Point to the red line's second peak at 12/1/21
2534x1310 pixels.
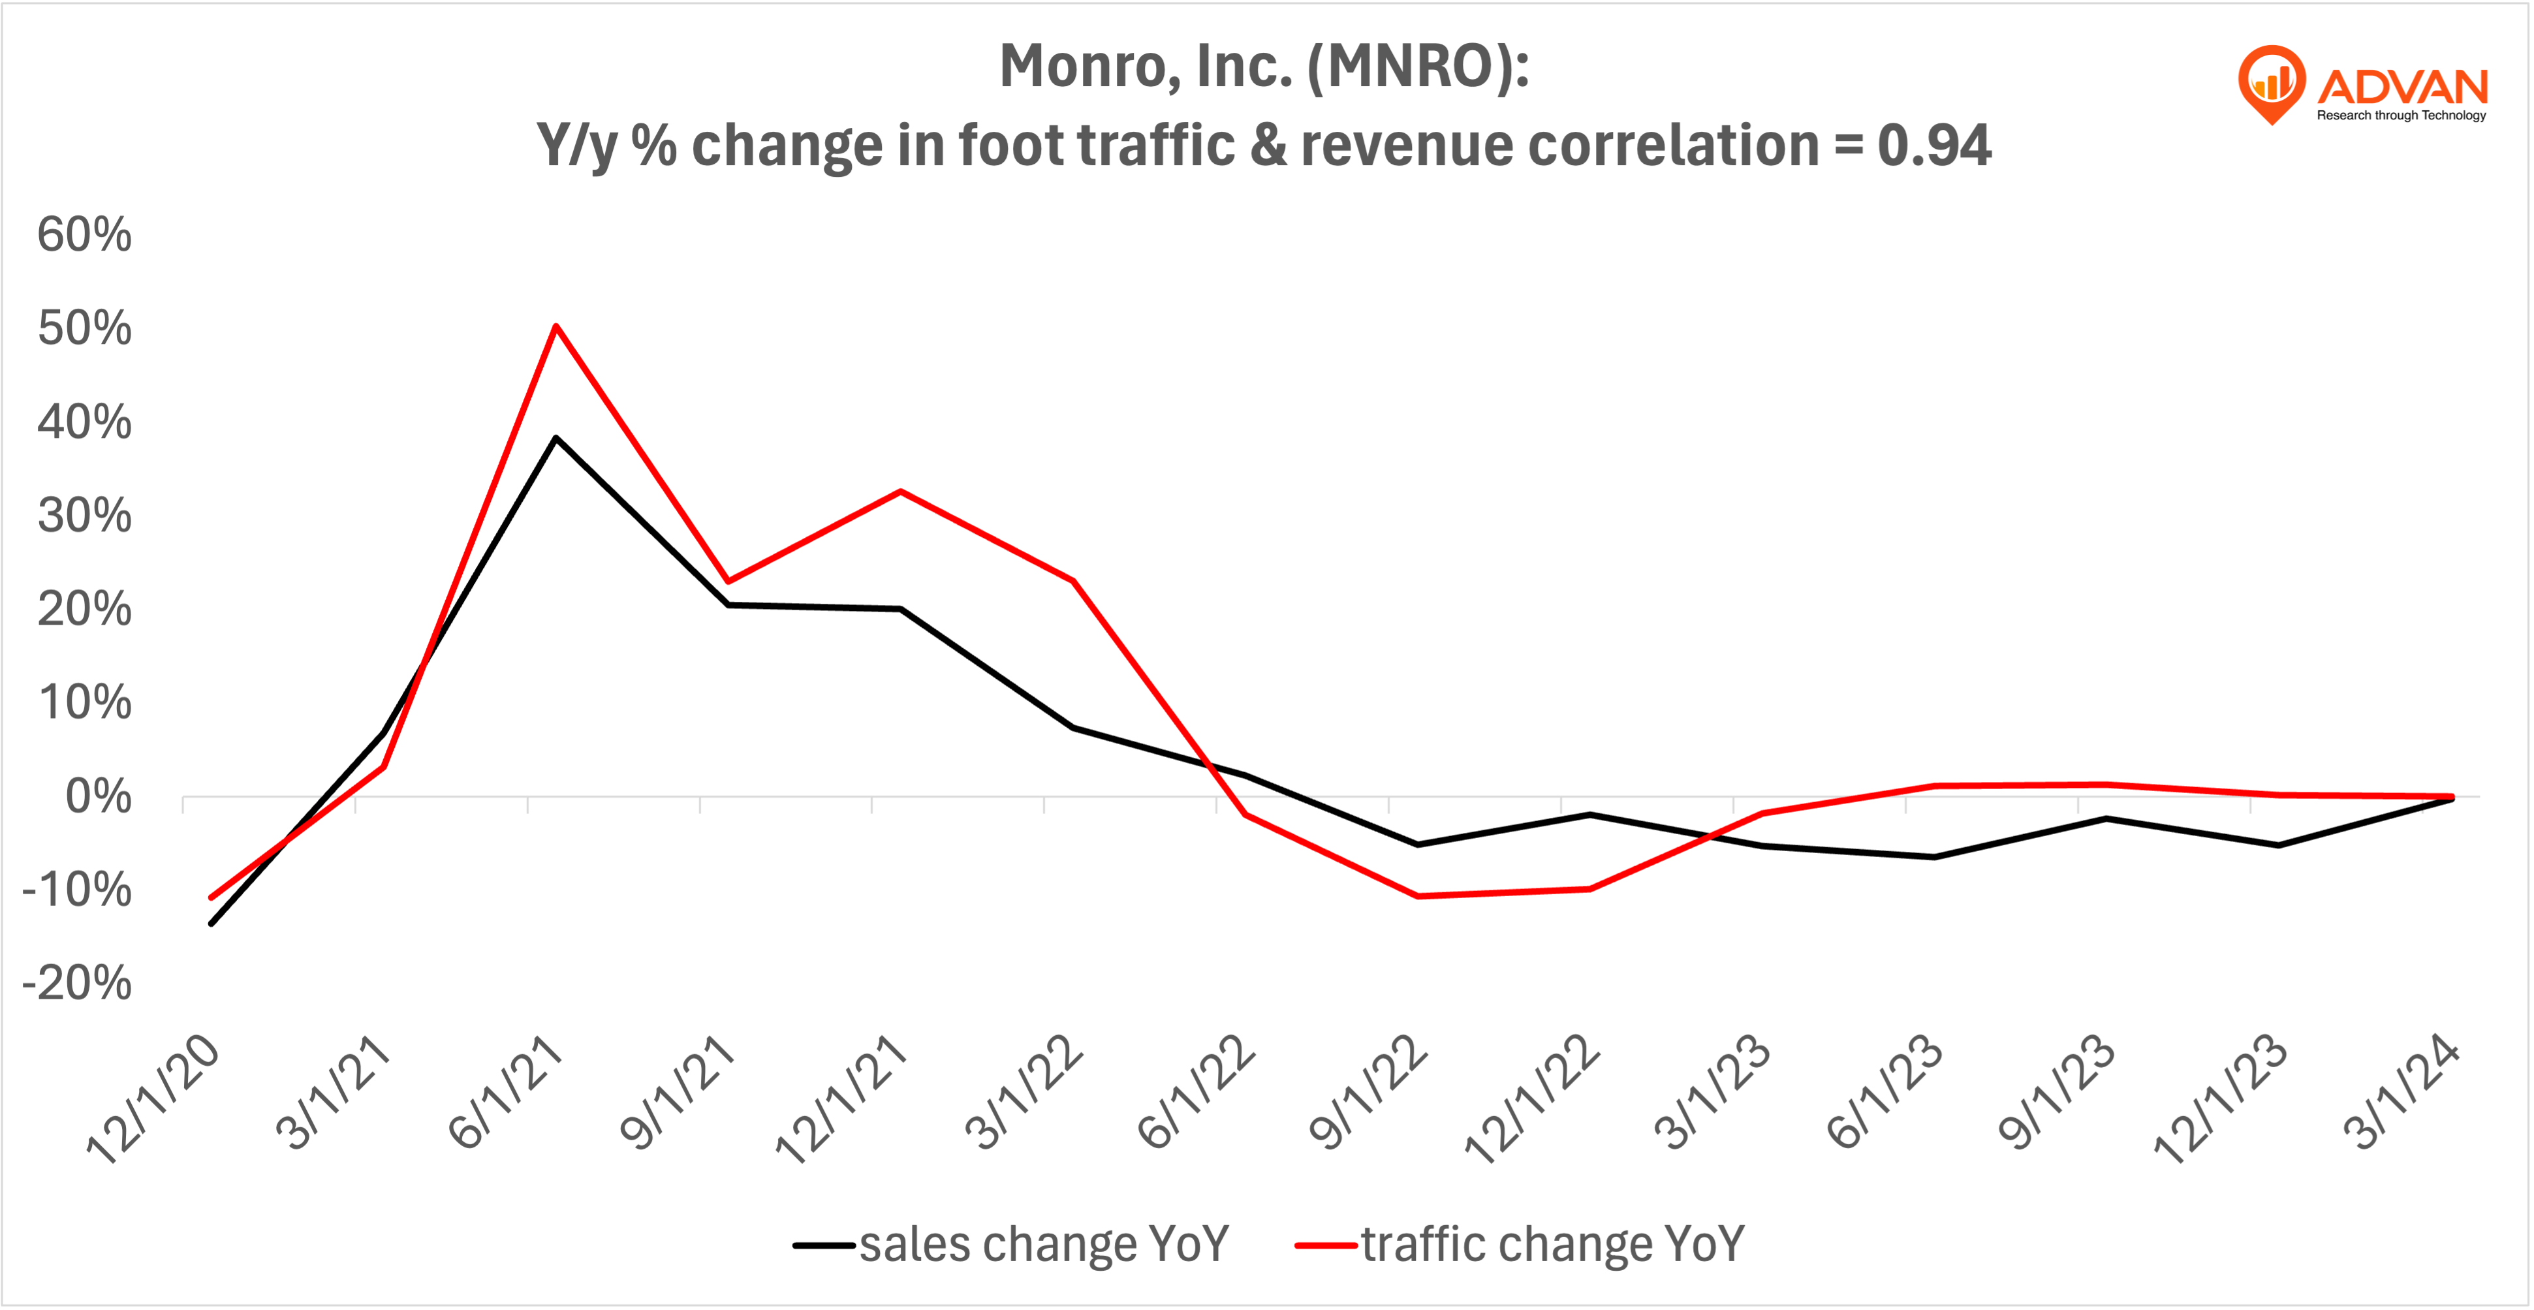pos(900,491)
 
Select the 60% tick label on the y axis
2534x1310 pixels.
pos(84,235)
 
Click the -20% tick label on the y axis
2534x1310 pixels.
pos(77,982)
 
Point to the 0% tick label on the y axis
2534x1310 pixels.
pos(97,796)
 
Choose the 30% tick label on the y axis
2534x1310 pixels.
pos(84,516)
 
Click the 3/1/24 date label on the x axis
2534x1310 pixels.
pos(2400,1091)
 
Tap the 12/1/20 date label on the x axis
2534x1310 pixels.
pos(153,1100)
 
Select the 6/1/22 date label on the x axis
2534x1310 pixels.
pos(1195,1091)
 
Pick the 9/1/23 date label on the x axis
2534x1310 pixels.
pos(2056,1091)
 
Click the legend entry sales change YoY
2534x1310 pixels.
pos(1042,1244)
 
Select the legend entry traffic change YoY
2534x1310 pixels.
pos(1552,1244)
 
